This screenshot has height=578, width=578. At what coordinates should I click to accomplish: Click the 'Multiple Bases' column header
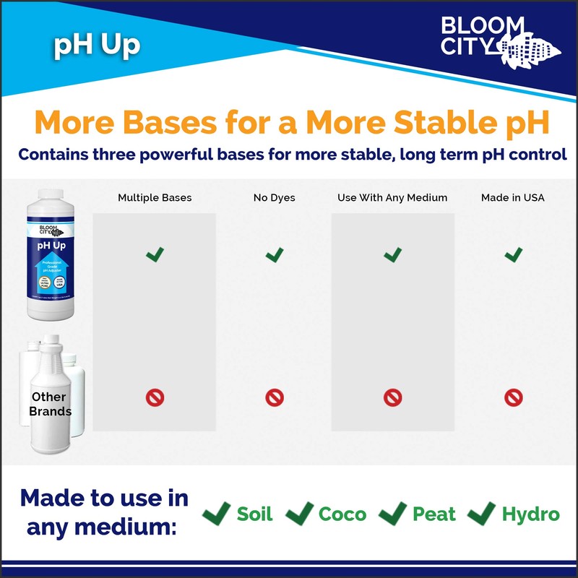(x=154, y=197)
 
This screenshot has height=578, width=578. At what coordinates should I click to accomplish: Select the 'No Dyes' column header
(x=275, y=197)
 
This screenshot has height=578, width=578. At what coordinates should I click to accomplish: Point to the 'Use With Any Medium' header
(x=392, y=197)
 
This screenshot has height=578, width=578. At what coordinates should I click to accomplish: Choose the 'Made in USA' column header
(x=513, y=197)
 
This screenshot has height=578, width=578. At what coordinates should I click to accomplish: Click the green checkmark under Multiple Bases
(x=155, y=254)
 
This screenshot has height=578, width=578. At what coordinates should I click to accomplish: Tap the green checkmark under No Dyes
(x=275, y=254)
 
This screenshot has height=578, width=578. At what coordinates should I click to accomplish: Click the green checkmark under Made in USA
(x=514, y=254)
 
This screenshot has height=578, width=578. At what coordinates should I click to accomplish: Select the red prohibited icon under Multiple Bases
(x=155, y=397)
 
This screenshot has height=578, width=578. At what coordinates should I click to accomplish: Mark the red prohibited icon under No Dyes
(x=275, y=397)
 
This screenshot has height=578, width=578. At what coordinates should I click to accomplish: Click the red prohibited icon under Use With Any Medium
(x=392, y=397)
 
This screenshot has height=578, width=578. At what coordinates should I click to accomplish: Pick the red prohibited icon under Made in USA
(x=514, y=397)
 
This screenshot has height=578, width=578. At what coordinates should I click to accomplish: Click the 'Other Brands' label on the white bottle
(x=50, y=404)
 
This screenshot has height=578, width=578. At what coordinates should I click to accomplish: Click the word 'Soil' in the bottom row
(x=255, y=514)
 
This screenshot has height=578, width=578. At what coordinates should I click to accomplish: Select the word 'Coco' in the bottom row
(x=342, y=514)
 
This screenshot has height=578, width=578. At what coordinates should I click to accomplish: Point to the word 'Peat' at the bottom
(x=434, y=514)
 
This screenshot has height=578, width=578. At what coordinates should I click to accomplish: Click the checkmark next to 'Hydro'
(x=480, y=514)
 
